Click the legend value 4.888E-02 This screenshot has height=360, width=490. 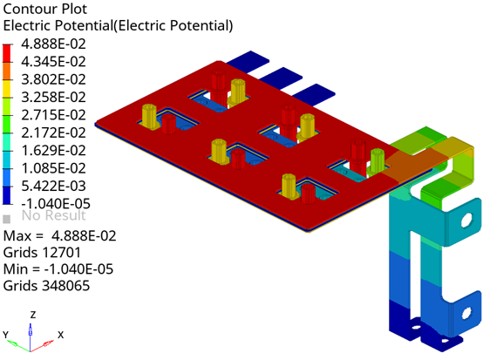pos(53,44)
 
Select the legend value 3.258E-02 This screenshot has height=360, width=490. pos(53,97)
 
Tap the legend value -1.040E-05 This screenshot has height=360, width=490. pos(56,204)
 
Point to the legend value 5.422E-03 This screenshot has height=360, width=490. pos(53,186)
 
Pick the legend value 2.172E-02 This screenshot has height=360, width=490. pos(53,132)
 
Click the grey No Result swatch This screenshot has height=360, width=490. pos(7,219)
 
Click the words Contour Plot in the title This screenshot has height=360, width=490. pos(45,9)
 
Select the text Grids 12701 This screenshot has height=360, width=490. pos(42,253)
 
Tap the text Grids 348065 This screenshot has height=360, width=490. pos(46,286)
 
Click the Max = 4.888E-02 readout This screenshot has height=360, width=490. pos(59,236)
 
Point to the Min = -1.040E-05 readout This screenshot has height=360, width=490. pos(58,269)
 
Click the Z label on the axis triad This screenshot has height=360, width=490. pos(33,315)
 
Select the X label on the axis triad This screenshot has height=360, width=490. pos(61,335)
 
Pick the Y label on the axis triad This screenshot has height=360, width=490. pos(5,335)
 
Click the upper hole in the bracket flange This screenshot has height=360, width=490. pos(466,220)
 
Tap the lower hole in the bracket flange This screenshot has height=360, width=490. pos(466,313)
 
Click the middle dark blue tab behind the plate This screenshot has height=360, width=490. pos(282,77)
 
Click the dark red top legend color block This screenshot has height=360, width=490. pos(7,53)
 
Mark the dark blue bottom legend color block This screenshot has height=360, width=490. pos(7,195)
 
